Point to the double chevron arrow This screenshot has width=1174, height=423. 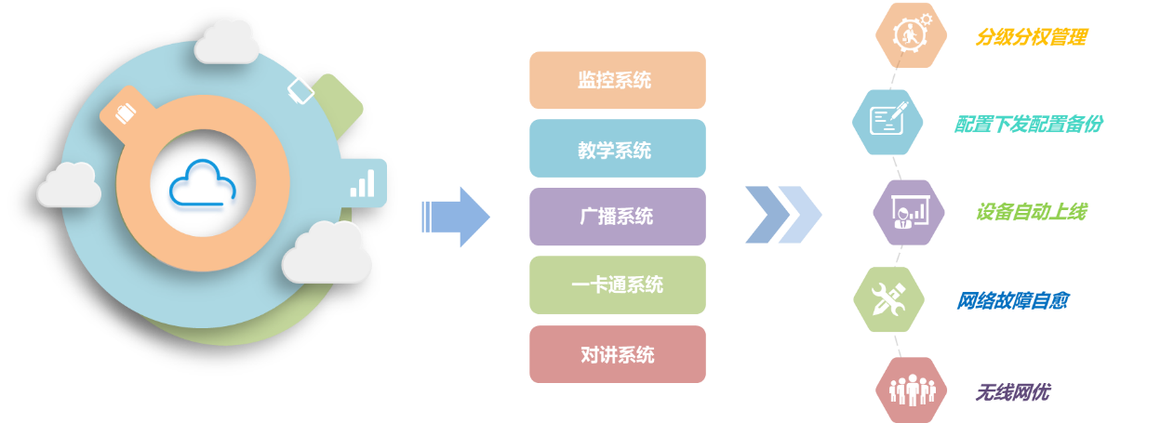(782, 214)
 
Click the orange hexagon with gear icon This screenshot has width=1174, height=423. (911, 35)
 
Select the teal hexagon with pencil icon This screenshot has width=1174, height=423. (888, 121)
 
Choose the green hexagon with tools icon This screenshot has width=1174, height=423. (888, 299)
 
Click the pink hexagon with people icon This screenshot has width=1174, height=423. (911, 390)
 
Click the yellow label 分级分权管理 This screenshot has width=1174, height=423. (1031, 37)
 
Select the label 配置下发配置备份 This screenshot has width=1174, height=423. (1028, 124)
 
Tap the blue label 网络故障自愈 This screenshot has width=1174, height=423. (1012, 300)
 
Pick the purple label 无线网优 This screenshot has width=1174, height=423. (1012, 391)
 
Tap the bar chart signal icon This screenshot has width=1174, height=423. (363, 182)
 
